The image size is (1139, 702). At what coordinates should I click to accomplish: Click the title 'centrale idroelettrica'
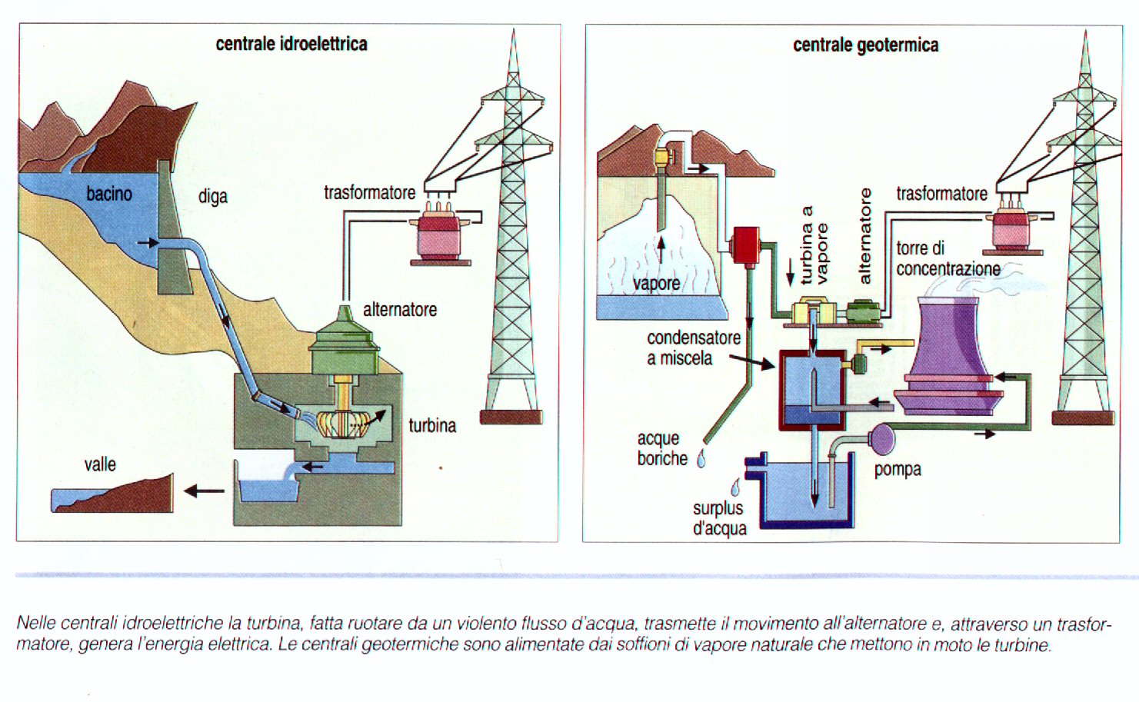coord(291,44)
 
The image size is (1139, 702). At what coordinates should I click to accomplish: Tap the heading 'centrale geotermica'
coord(865,45)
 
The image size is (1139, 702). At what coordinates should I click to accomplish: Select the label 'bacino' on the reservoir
coord(108,193)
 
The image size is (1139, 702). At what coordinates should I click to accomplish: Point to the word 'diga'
coord(213,196)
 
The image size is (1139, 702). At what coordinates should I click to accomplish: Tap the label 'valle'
coord(100,464)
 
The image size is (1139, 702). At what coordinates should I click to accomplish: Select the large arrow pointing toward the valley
coord(204,491)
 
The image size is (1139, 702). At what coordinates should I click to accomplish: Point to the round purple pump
coord(881,440)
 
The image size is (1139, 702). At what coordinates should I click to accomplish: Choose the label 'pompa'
coord(897,469)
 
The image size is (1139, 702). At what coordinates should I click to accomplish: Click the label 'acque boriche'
coord(661,448)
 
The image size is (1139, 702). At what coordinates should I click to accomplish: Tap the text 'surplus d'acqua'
coord(719,518)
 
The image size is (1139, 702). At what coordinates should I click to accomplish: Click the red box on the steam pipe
coord(745,245)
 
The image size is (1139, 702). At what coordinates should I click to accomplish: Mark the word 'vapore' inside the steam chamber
coord(656,283)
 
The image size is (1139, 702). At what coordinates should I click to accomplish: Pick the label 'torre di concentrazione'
coord(948,258)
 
